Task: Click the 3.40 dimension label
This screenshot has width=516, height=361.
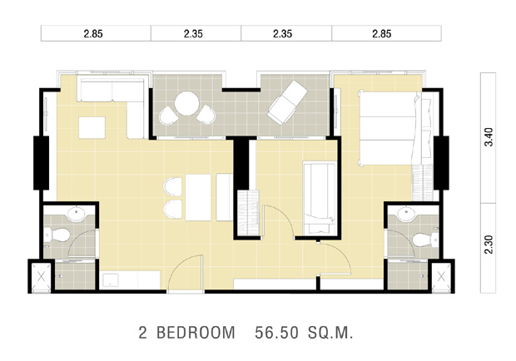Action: point(489,136)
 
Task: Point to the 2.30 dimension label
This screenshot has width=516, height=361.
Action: point(489,245)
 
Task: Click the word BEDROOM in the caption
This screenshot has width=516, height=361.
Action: point(196,333)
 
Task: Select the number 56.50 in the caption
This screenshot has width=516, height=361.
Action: point(277,333)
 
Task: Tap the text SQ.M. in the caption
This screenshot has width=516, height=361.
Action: point(330,333)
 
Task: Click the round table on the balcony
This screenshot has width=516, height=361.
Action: point(186,103)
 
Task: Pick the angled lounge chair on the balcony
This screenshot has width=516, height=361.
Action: point(287,103)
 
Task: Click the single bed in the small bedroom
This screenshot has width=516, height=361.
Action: point(320,199)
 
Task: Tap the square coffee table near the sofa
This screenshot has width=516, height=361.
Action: point(92,127)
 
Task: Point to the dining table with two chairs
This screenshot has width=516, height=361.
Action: point(198,197)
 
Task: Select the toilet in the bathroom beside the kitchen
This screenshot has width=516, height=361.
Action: point(57,235)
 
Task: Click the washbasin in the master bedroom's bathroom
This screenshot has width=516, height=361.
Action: point(408,214)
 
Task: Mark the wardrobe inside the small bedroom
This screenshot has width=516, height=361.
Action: point(248,212)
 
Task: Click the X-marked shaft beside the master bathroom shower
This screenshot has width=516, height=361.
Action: point(441,277)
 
